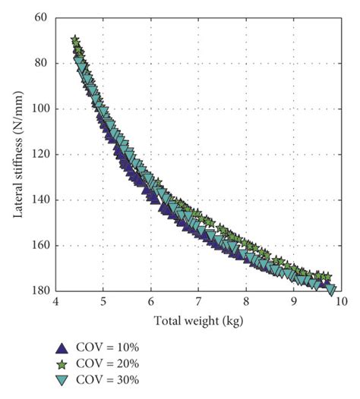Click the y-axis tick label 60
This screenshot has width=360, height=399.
click(41, 17)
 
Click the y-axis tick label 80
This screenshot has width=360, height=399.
click(41, 62)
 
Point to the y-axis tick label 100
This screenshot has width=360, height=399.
click(39, 108)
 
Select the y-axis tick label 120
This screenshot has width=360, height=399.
click(39, 154)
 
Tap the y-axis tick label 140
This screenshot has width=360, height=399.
click(39, 199)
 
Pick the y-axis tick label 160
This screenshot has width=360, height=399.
click(39, 245)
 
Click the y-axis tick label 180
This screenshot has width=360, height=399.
click(39, 291)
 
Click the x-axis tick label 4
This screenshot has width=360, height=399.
click(55, 302)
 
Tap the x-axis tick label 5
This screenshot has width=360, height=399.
click(103, 302)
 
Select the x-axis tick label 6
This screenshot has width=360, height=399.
click(151, 302)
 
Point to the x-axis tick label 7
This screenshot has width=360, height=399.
click(198, 302)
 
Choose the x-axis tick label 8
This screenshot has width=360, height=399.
click(246, 302)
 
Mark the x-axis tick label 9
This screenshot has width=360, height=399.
click(294, 302)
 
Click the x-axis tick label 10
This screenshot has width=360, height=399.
click(340, 302)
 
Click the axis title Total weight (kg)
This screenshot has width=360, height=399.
click(197, 319)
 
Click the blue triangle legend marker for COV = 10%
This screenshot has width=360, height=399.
click(62, 347)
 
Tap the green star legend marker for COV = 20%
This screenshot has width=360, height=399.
click(62, 363)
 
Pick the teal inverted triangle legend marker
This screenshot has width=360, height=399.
click(62, 379)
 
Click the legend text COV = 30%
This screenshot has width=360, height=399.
click(107, 379)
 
